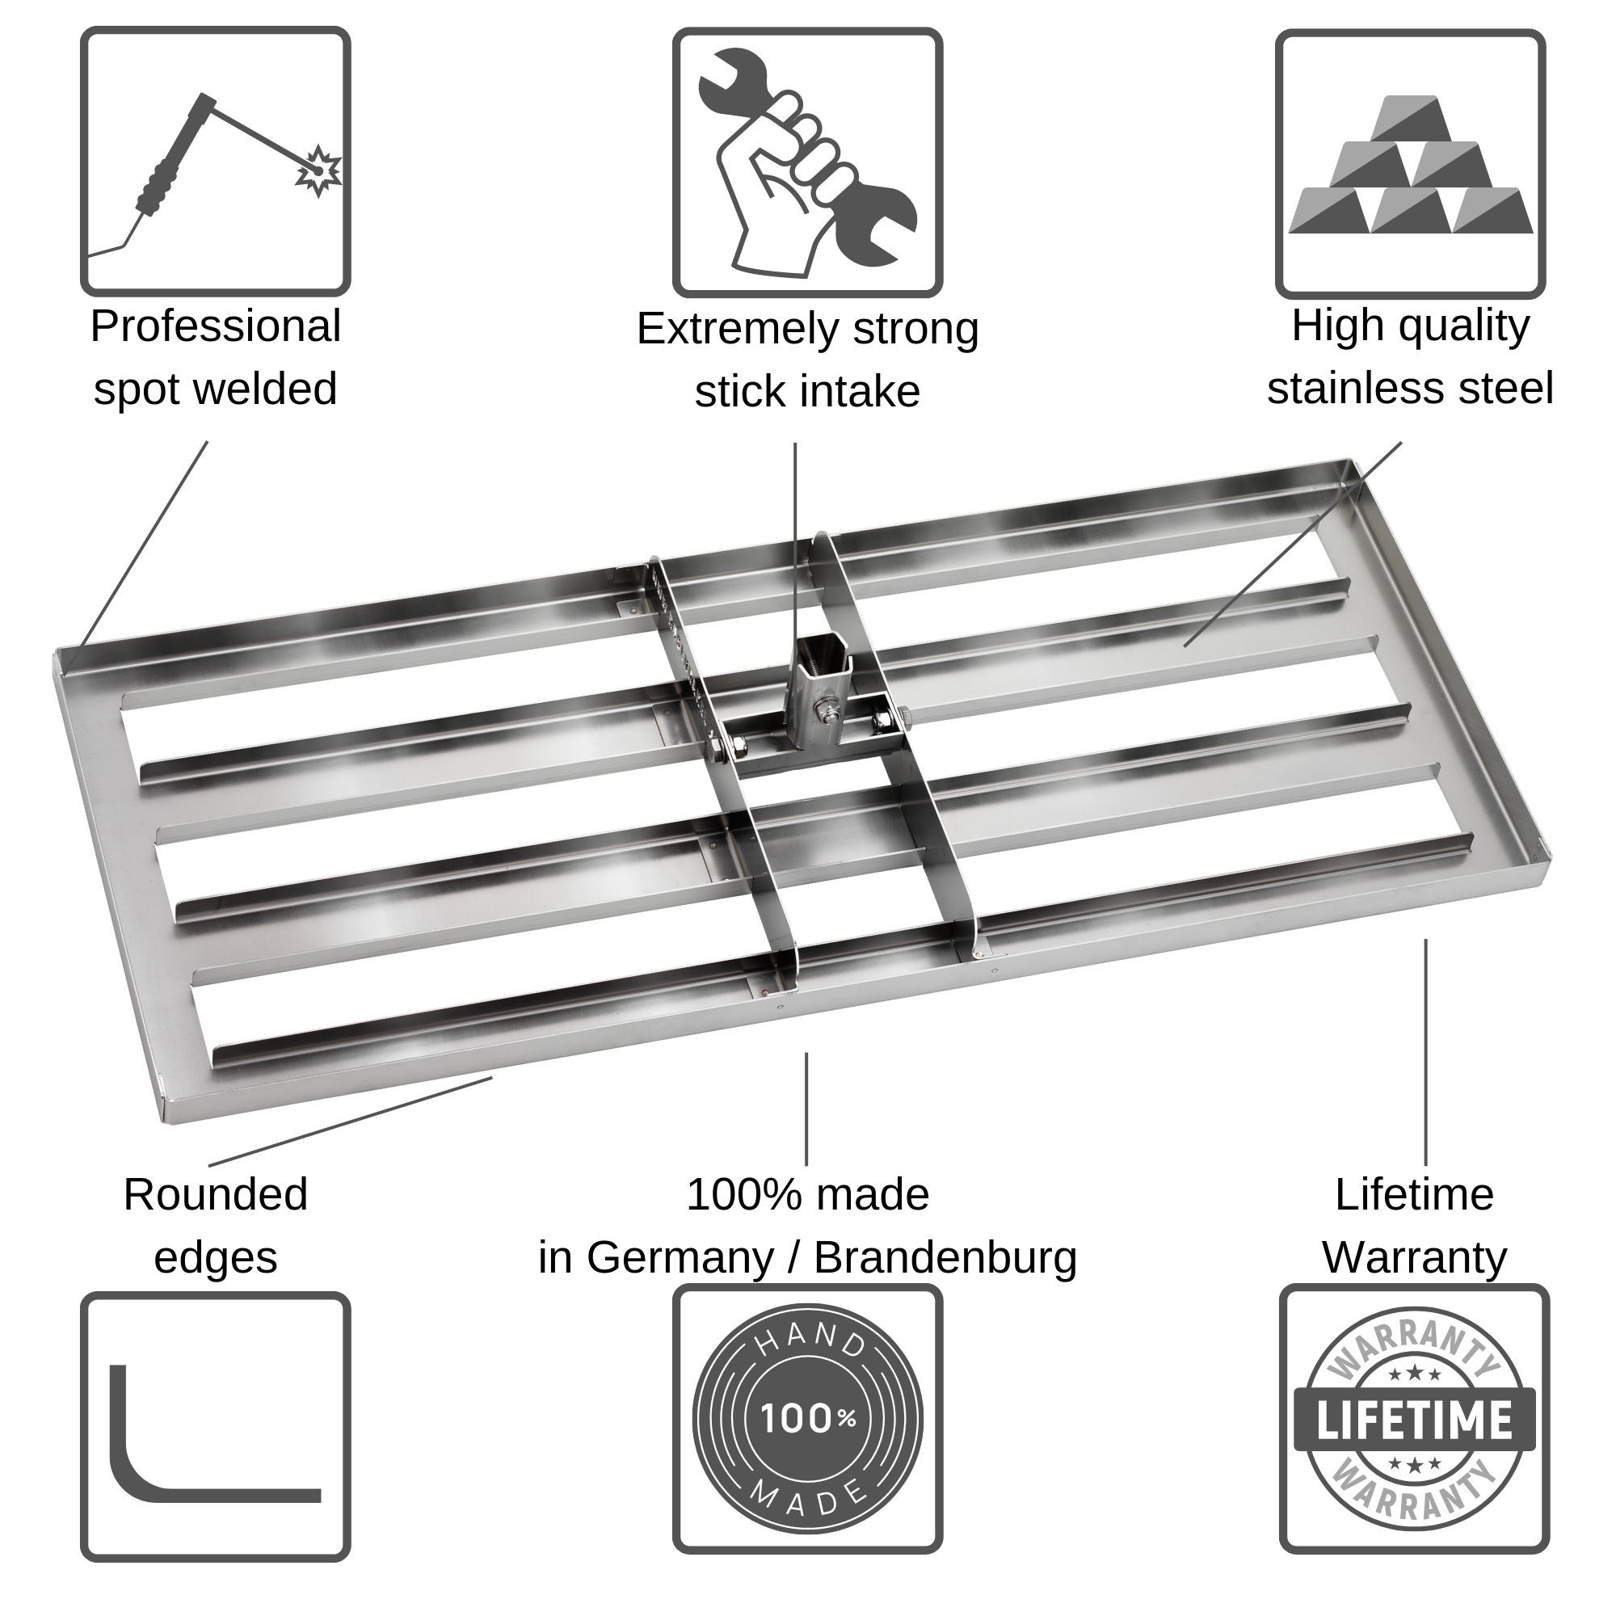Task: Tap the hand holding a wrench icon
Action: [x=806, y=163]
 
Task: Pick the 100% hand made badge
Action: [x=807, y=1419]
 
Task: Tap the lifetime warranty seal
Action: [x=1413, y=1420]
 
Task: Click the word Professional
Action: [x=215, y=326]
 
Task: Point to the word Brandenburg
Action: [x=945, y=1257]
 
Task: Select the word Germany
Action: [x=680, y=1257]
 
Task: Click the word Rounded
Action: [x=215, y=1194]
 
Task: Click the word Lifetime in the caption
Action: [x=1413, y=1194]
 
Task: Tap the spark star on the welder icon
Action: [x=318, y=170]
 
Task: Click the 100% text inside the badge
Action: [x=807, y=1419]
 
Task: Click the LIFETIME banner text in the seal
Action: [x=1413, y=1420]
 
